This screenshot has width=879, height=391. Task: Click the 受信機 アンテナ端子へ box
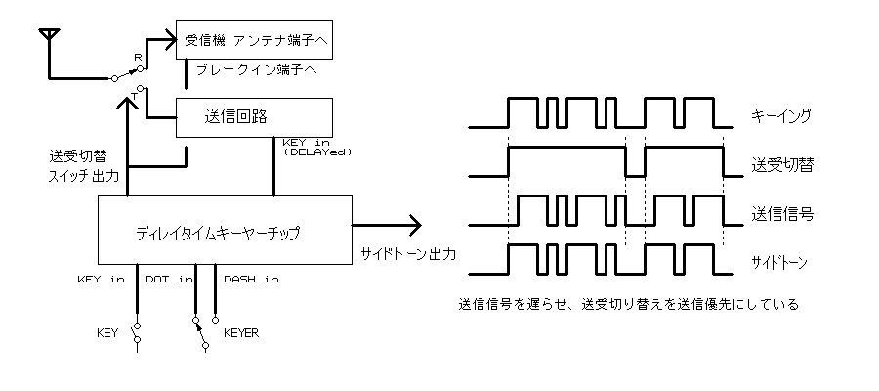pos(254,41)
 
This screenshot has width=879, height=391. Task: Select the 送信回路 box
pos(254,117)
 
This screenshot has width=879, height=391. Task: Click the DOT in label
pos(168,279)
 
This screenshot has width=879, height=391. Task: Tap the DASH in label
pos(250,279)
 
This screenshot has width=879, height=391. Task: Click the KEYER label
pos(240,332)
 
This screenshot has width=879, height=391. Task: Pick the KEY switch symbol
pos(137,332)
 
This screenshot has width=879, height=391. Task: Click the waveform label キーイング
pos(781,115)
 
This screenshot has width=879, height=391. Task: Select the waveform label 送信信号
pos(780,210)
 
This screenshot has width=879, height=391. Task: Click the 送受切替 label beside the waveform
pos(780,163)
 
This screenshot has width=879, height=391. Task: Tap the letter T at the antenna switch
pos(135,93)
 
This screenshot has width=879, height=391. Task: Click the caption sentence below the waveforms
pos(628,304)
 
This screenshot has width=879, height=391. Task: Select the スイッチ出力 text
pos(84,177)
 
